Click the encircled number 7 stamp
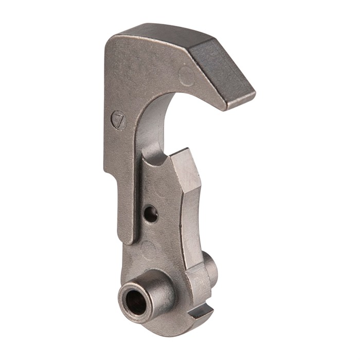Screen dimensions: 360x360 pyautogui.click(x=120, y=120)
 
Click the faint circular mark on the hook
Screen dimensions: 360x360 pyautogui.click(x=186, y=77)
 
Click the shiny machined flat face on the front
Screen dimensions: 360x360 pyautogui.click(x=186, y=175)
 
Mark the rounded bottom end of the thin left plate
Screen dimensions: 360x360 pyautogui.click(x=126, y=238)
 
